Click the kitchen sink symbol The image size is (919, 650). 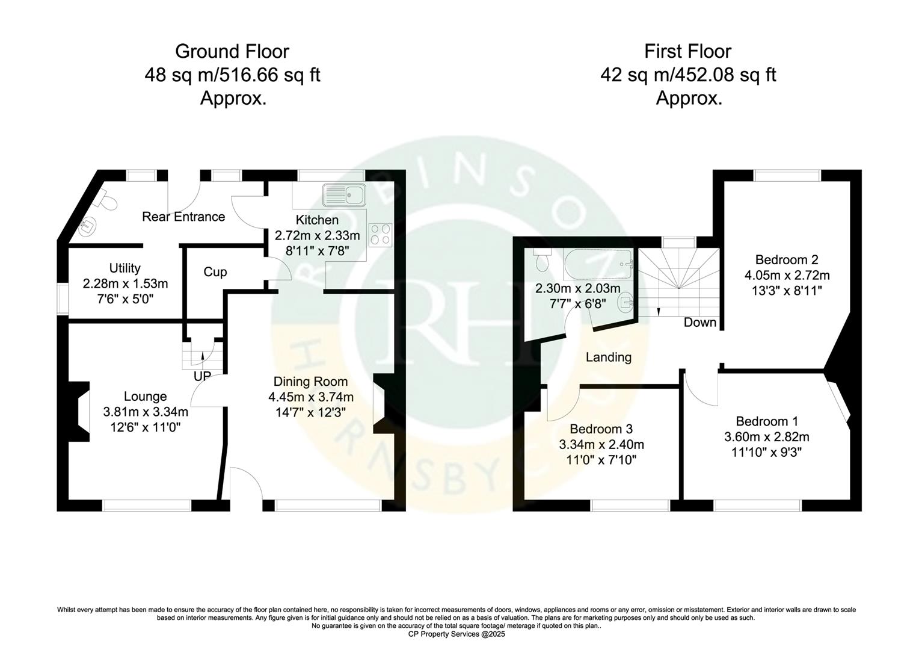pyautogui.click(x=343, y=195)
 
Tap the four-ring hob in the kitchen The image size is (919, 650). pyautogui.click(x=380, y=234)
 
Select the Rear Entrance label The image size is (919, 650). pyautogui.click(x=183, y=217)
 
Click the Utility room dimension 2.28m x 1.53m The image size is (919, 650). pyautogui.click(x=125, y=283)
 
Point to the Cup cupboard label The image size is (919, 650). pyautogui.click(x=215, y=272)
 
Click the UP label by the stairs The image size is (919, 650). pyautogui.click(x=202, y=376)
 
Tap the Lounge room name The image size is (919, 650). pyautogui.click(x=145, y=397)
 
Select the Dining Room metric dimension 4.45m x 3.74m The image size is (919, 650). pyautogui.click(x=310, y=397)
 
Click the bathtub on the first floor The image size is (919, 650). pyautogui.click(x=598, y=262)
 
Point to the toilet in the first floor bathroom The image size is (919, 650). pyautogui.click(x=541, y=261)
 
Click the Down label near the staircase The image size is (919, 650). pyautogui.click(x=700, y=323)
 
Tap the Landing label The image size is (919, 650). pyautogui.click(x=609, y=357)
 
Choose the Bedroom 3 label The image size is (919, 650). pyautogui.click(x=601, y=429)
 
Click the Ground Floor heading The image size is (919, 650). pyautogui.click(x=232, y=51)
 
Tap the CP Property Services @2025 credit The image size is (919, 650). pyautogui.click(x=456, y=634)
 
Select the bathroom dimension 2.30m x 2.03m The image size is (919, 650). pyautogui.click(x=577, y=288)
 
